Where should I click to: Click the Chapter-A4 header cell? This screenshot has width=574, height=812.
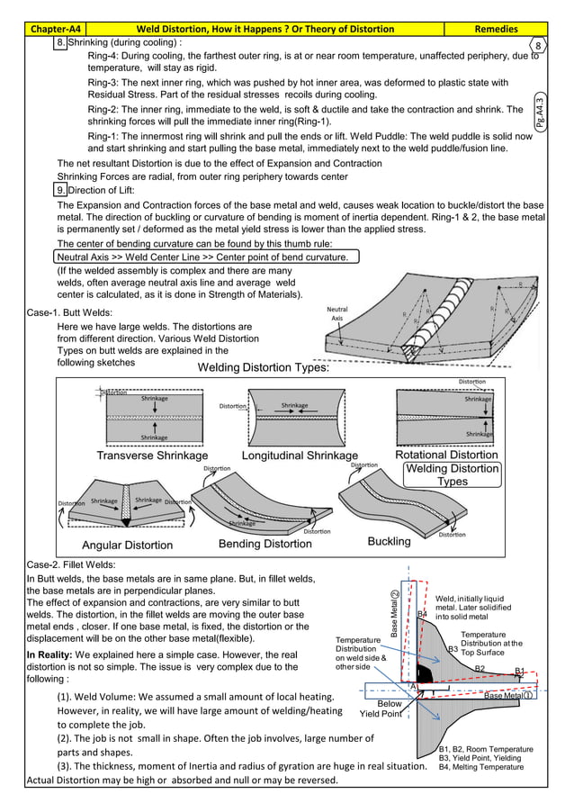coord(56,29)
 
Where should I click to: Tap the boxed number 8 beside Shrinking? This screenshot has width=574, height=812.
coord(61,42)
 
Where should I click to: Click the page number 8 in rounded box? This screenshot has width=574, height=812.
coord(537,46)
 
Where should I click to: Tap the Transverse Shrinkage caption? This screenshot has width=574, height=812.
coord(152,456)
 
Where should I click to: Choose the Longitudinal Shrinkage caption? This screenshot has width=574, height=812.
coord(300,456)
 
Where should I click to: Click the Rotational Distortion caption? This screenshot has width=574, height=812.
coord(446,455)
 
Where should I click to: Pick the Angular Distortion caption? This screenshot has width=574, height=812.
coord(127,545)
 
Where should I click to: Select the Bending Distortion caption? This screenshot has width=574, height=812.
coord(265,544)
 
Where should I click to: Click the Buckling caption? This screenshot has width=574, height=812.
coord(389,542)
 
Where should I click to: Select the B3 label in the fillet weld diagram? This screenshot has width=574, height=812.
coord(453,649)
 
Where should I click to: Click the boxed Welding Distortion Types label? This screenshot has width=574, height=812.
coord(452,474)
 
